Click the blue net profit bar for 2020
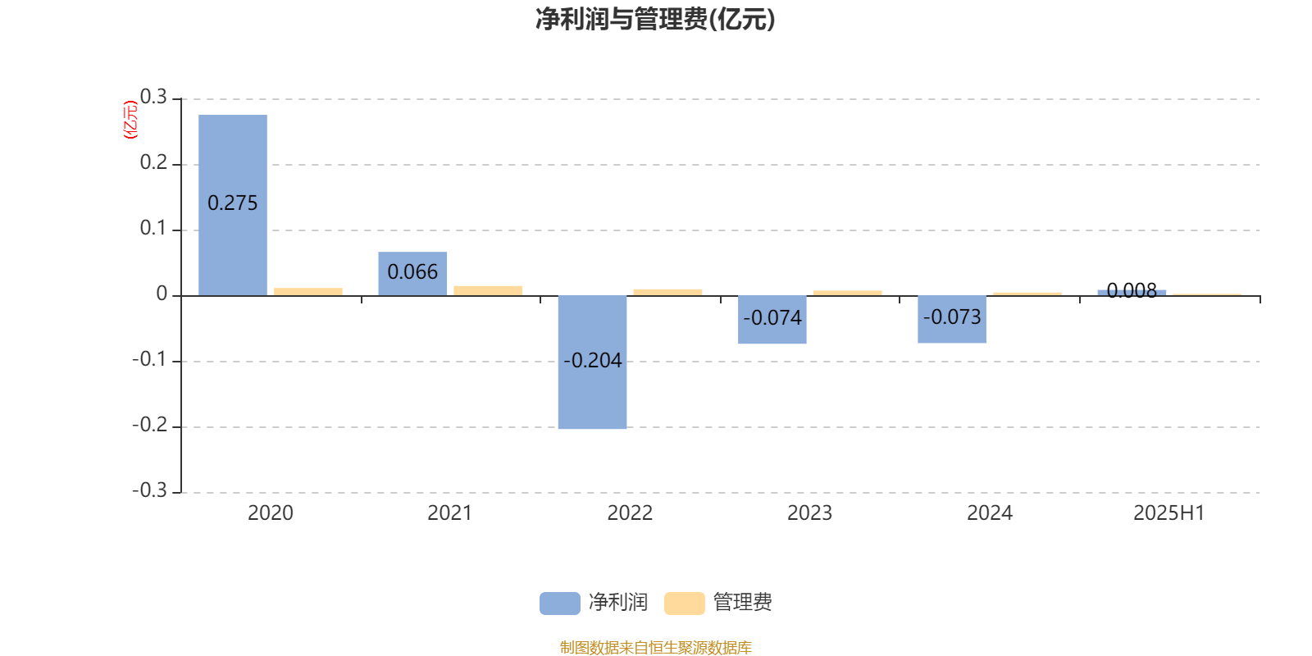coord(233,205)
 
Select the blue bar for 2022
coord(592,362)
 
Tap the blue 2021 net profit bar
coord(412,274)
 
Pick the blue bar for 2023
coord(772,320)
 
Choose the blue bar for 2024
coord(952,319)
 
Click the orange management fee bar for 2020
coord(308,292)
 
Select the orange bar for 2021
coord(488,290)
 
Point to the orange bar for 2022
coord(667,292)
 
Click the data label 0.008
coord(1132,290)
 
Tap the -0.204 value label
coord(592,360)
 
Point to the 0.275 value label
coord(233,203)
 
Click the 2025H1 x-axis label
coord(1169,513)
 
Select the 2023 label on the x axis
coord(809,513)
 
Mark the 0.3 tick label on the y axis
coord(153,97)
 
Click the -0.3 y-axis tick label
coord(149,490)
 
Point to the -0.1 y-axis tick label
coord(149,359)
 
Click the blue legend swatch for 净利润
coord(560,604)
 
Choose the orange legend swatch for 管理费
coord(684,604)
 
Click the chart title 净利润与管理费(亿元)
coord(655,20)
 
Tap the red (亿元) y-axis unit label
coord(130,120)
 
